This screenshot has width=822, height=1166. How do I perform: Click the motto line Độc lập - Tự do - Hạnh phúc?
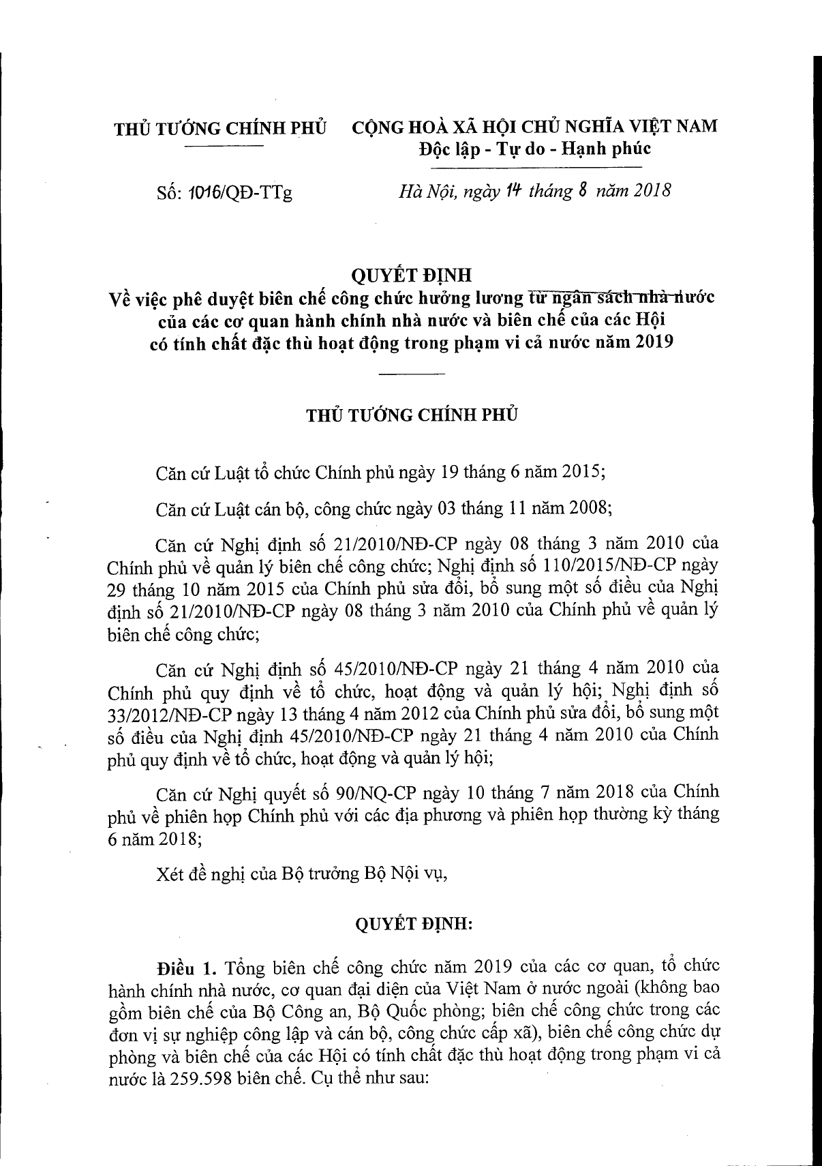[535, 149]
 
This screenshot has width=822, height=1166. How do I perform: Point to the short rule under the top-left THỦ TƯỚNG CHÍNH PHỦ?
[224, 147]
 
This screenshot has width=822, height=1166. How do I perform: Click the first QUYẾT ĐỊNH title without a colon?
[410, 275]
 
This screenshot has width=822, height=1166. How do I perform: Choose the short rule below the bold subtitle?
[411, 374]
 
